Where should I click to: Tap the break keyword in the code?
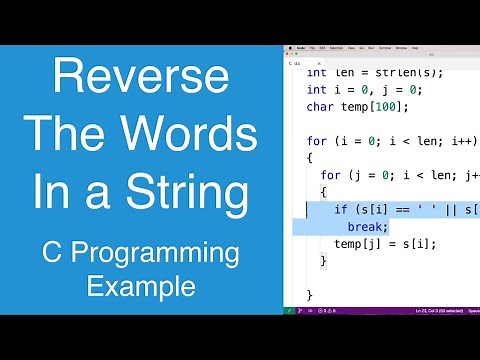pyautogui.click(x=367, y=227)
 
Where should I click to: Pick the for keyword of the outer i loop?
pyautogui.click(x=317, y=141)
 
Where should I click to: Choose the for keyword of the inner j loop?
pyautogui.click(x=331, y=175)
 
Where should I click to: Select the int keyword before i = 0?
pyautogui.click(x=317, y=89)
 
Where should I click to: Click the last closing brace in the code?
pyautogui.click(x=310, y=296)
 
